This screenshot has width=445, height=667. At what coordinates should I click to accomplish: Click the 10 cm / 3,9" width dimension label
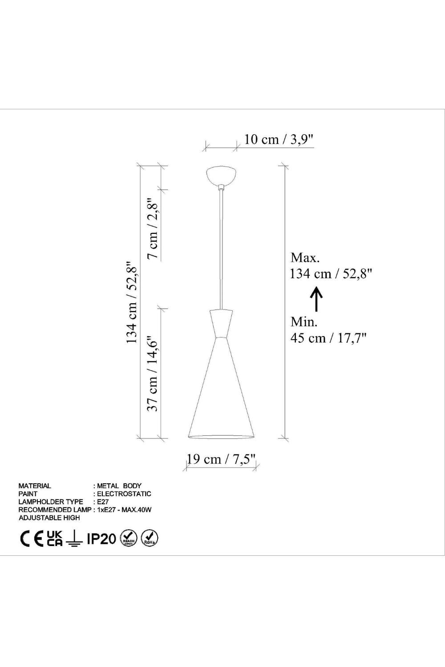coord(279,139)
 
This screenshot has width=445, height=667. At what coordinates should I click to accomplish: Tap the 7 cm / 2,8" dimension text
coord(154,228)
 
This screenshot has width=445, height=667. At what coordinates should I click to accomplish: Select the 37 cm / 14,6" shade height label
coord(153,374)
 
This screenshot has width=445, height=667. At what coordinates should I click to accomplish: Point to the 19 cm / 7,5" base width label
coord(221,459)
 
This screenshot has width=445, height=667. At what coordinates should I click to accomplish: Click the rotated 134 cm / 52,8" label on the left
coord(132,302)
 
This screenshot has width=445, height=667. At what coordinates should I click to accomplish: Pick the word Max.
coord(305,258)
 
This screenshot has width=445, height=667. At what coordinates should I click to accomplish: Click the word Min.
coord(304,322)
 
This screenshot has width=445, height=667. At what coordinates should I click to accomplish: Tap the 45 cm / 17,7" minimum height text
coord(328,338)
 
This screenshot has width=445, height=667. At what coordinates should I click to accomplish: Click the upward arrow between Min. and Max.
coord(316,299)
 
